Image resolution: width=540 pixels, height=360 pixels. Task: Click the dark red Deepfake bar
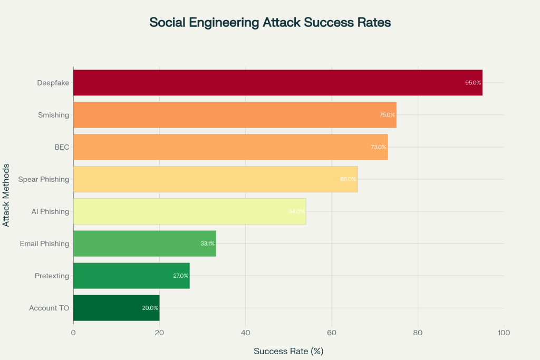click(x=277, y=83)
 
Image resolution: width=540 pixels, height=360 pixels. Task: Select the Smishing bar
click(x=235, y=115)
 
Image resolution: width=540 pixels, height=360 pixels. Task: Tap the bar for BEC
click(x=230, y=147)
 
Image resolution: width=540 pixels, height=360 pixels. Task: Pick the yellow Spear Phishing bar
click(x=215, y=179)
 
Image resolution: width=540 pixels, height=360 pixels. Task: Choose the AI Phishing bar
click(x=189, y=211)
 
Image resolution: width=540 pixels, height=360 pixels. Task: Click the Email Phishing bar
click(x=144, y=244)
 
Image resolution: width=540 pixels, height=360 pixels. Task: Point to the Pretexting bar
click(x=131, y=276)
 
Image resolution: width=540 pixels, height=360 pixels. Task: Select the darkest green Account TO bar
click(x=116, y=308)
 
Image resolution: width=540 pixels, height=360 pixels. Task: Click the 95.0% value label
click(x=473, y=83)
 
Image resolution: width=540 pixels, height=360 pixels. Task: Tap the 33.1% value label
click(x=207, y=244)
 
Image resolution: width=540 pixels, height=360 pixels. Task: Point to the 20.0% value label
click(x=150, y=308)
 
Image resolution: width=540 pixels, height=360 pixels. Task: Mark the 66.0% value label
click(x=348, y=179)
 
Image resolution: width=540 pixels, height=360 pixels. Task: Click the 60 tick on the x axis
click(x=332, y=333)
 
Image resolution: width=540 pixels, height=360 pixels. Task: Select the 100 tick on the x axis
click(x=504, y=333)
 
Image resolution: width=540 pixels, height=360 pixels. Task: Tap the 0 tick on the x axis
click(x=73, y=333)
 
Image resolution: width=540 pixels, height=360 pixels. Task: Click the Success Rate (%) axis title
click(x=288, y=351)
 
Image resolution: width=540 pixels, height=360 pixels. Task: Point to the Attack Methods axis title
click(x=6, y=195)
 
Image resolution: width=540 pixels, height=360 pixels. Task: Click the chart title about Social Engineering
click(x=269, y=23)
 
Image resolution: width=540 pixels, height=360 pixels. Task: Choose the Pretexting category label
click(x=52, y=276)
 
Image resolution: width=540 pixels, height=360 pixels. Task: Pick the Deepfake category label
click(x=53, y=83)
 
